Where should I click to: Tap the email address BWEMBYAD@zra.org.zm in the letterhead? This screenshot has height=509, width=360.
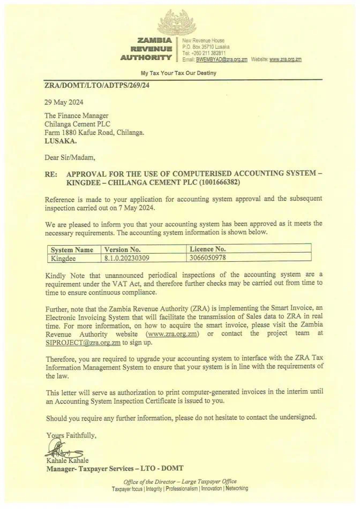[x=221, y=59]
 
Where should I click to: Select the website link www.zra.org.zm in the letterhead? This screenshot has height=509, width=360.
[x=286, y=59]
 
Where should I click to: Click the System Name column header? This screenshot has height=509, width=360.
[x=71, y=249]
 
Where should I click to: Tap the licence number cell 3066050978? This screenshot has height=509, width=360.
[x=212, y=257]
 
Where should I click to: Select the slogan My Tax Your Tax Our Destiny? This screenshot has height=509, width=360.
[x=178, y=73]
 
